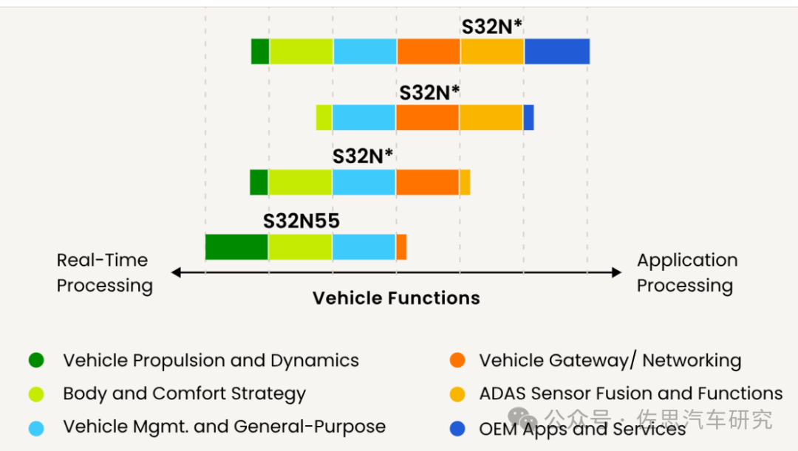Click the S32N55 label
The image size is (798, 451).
click(x=301, y=221)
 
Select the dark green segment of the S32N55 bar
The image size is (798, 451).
click(x=236, y=247)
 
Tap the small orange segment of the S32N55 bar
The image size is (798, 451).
click(x=401, y=247)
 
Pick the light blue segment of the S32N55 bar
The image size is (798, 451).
click(x=364, y=247)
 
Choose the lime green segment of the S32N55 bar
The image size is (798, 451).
click(x=300, y=247)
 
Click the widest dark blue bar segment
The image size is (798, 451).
click(x=556, y=52)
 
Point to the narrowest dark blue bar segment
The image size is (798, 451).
click(x=528, y=117)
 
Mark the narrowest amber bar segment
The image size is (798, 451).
click(x=465, y=182)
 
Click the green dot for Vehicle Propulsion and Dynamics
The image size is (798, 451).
click(x=36, y=361)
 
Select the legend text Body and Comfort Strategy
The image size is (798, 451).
click(x=184, y=393)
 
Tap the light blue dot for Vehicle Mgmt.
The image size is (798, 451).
click(x=36, y=427)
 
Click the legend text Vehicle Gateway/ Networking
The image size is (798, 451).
click(x=610, y=361)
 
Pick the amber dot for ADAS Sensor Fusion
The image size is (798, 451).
click(x=457, y=394)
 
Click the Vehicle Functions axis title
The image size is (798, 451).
click(x=396, y=298)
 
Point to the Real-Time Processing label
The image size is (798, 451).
click(x=104, y=273)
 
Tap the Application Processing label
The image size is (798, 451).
click(x=686, y=273)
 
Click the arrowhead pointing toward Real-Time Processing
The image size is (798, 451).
click(x=176, y=272)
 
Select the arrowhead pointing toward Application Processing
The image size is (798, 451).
click(x=617, y=272)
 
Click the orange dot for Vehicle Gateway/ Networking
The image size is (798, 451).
click(x=457, y=361)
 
